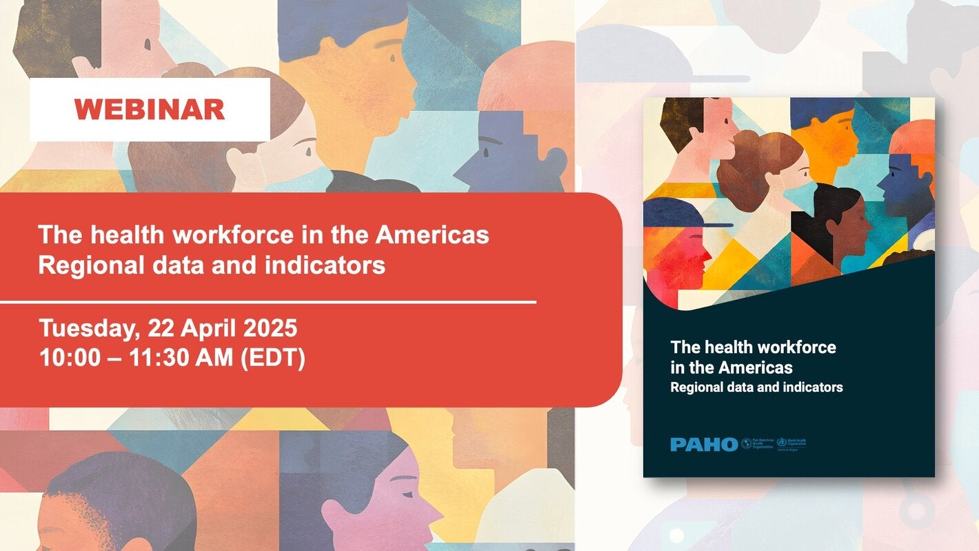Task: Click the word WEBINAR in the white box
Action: [x=150, y=110]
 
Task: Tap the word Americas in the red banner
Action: [x=432, y=235]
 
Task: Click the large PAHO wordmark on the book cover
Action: [x=703, y=444]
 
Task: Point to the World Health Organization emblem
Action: [x=781, y=443]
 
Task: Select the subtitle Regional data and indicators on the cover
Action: [x=756, y=388]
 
